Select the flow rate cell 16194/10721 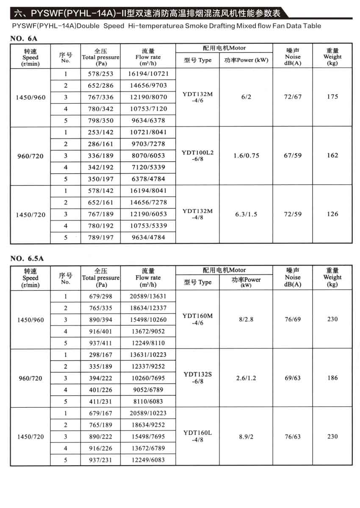tap(148, 74)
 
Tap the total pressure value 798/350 tap(101, 121)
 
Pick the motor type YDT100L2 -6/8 tap(197, 155)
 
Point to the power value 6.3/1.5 tap(246, 214)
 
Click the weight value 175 tap(332, 97)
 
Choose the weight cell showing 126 tap(332, 214)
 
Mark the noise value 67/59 tap(293, 155)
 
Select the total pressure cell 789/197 tap(101, 237)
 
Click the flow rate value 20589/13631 tap(148, 296)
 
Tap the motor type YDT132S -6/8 tap(197, 378)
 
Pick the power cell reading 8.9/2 tap(246, 436)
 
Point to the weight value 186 tap(332, 378)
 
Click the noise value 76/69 tap(293, 319)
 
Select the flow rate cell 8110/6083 tap(148, 401)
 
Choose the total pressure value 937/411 tap(101, 342)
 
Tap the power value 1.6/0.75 tap(246, 155)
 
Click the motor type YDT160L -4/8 tap(197, 436)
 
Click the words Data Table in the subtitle tap(304, 26)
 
